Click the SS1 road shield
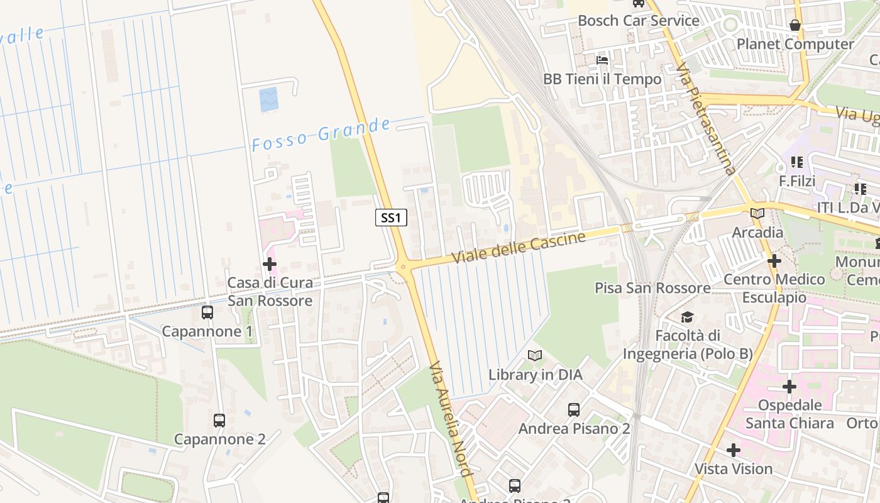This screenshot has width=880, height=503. click(391, 218)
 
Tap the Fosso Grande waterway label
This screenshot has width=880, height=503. click(321, 135)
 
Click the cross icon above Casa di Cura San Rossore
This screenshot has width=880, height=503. click(270, 265)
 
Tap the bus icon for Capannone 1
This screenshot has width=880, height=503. click(207, 312)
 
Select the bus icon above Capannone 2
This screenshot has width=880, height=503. click(219, 421)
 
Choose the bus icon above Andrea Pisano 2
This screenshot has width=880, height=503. click(574, 410)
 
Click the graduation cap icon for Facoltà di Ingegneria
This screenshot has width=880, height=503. click(687, 318)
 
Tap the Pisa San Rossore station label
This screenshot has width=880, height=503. click(652, 288)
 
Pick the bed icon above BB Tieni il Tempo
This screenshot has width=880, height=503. click(602, 60)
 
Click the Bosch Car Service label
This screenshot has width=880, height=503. click(638, 21)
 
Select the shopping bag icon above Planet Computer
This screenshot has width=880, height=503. click(795, 25)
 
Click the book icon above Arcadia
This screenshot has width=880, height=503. click(757, 214)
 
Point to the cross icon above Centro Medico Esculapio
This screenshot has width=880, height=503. click(774, 261)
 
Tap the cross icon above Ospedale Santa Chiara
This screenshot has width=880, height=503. click(789, 387)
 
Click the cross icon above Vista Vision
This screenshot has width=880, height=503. click(734, 450)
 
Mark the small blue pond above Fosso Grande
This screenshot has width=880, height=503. click(268, 100)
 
